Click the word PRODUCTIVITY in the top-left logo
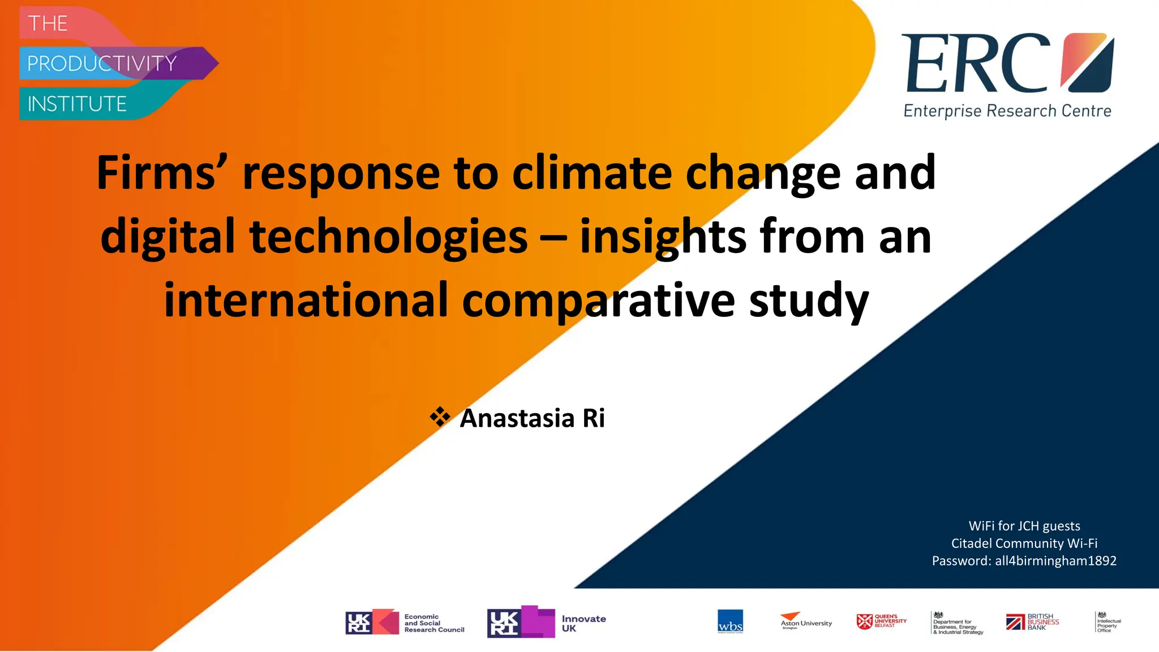click(102, 63)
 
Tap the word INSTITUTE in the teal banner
click(77, 104)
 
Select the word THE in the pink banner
click(48, 24)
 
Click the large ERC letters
click(976, 63)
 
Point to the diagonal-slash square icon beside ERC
click(1087, 62)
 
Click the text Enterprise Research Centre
click(1007, 111)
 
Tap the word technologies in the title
click(388, 237)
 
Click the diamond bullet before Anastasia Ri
click(440, 418)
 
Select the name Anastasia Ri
click(532, 418)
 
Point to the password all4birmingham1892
click(1055, 561)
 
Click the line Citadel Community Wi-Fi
click(1024, 543)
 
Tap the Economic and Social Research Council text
click(433, 623)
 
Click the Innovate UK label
click(583, 623)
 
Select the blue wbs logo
click(730, 621)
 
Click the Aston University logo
click(806, 621)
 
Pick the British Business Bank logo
click(1032, 622)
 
